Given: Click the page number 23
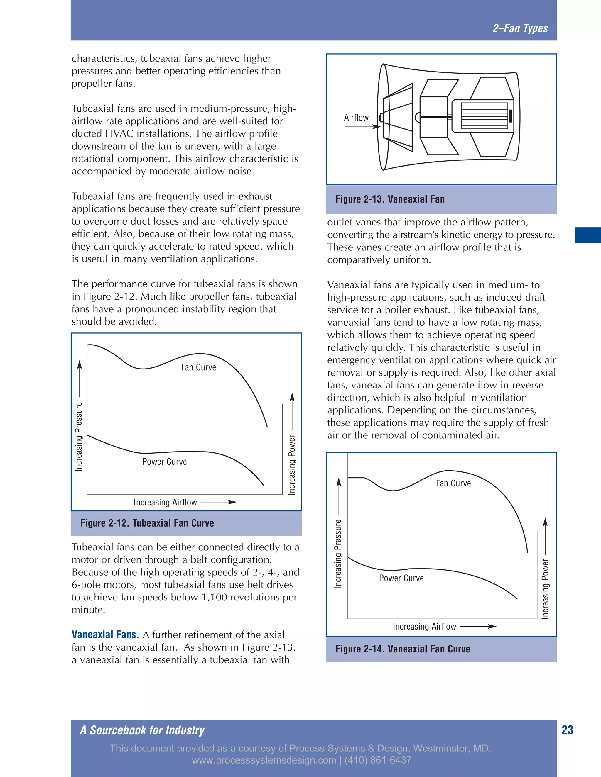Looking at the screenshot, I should tap(567, 730).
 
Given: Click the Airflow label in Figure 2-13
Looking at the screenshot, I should tap(356, 118).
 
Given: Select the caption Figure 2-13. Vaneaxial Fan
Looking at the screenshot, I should tap(390, 199).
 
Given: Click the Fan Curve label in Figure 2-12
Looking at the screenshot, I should tap(198, 367).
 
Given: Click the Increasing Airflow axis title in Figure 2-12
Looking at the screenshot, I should tap(165, 502).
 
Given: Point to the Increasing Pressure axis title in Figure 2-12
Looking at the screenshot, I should tap(79, 437).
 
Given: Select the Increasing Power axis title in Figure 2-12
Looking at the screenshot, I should tap(292, 465).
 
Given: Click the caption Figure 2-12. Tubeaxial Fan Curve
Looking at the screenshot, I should tap(147, 523).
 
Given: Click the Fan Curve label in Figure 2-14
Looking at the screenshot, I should tap(453, 483).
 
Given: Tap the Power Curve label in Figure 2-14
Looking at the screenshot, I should tap(401, 578).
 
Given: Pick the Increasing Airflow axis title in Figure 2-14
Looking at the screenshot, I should tap(424, 627).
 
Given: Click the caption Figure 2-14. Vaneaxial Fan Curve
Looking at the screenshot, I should tap(403, 649).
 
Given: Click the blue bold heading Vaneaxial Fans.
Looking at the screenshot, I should tap(105, 635).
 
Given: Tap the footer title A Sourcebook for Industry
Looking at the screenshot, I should tap(142, 730).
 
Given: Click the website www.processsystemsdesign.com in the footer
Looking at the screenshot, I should tap(264, 760).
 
